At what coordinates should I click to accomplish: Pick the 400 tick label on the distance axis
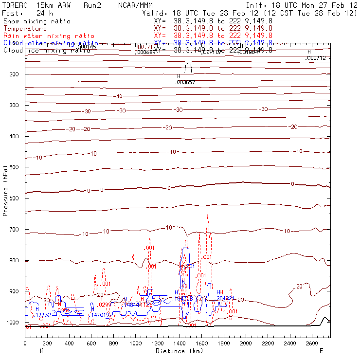69,344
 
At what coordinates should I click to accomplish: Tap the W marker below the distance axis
41,351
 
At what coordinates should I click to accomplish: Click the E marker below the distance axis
321,351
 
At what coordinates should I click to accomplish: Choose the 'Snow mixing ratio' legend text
37,21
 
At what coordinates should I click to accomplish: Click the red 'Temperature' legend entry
25,29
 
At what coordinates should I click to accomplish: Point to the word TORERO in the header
15,5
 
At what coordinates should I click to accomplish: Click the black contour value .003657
185,83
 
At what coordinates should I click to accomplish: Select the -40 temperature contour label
118,96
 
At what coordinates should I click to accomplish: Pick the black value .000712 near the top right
315,58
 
